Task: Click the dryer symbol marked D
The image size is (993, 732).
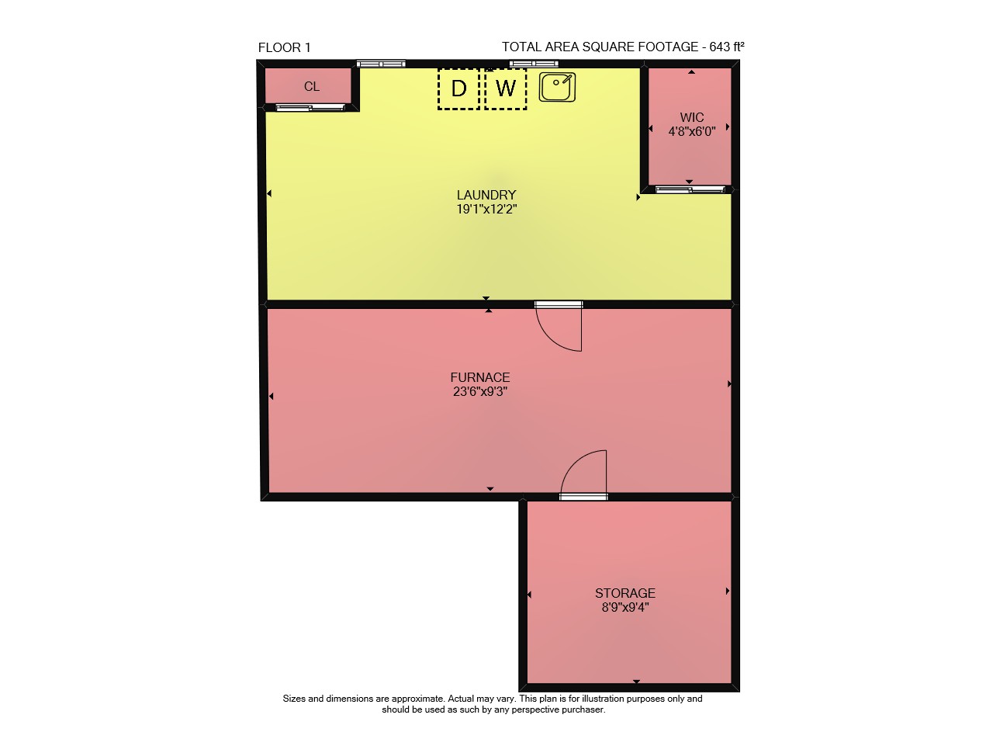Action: [x=458, y=88]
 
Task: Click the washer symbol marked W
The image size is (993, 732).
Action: [x=506, y=88]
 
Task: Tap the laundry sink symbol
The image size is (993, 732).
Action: [x=557, y=88]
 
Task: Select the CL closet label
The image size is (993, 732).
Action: [x=312, y=86]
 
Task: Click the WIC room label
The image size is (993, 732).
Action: [x=691, y=117]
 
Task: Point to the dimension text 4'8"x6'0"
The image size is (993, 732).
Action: [x=691, y=132]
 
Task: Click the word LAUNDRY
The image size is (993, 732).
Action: [x=486, y=195]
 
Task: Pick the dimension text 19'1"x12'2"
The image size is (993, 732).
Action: [x=486, y=210]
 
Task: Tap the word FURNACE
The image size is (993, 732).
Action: [x=480, y=377]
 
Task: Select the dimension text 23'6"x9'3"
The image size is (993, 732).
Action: [x=480, y=392]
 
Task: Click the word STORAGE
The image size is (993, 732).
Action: [x=625, y=593]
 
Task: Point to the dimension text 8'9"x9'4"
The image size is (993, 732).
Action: [x=625, y=607]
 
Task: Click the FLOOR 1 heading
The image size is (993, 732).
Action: [x=284, y=47]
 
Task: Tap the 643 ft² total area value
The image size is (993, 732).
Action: [x=727, y=47]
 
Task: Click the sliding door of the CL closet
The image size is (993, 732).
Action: [x=310, y=107]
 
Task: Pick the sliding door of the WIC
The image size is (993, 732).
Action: [x=690, y=189]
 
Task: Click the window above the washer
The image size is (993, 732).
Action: [x=534, y=64]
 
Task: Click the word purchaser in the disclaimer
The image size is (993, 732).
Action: [x=583, y=709]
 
